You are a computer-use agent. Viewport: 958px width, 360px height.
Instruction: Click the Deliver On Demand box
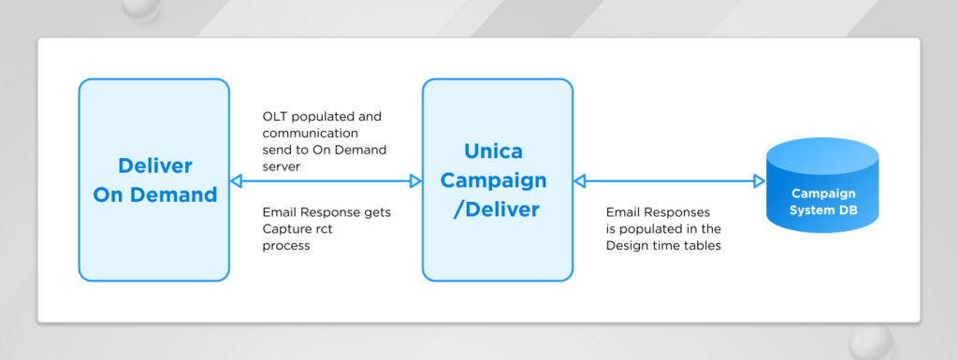click(154, 180)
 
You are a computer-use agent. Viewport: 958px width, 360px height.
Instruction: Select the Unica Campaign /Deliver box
click(498, 180)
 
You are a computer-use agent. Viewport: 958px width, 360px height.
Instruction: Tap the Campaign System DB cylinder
click(822, 185)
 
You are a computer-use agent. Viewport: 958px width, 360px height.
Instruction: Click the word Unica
click(494, 151)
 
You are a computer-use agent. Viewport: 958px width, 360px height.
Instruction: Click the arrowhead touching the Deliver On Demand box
click(236, 180)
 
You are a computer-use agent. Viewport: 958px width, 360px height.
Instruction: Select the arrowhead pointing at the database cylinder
click(760, 180)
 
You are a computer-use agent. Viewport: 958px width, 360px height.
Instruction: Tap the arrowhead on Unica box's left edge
click(415, 180)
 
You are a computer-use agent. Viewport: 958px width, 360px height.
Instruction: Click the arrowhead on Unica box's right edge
click(580, 180)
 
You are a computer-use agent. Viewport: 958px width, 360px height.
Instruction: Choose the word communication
click(311, 133)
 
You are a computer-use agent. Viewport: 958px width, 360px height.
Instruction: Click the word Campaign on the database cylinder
click(823, 194)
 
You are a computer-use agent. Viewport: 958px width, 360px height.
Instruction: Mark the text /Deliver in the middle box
click(497, 209)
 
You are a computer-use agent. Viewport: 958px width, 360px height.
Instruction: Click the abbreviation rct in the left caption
click(323, 229)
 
